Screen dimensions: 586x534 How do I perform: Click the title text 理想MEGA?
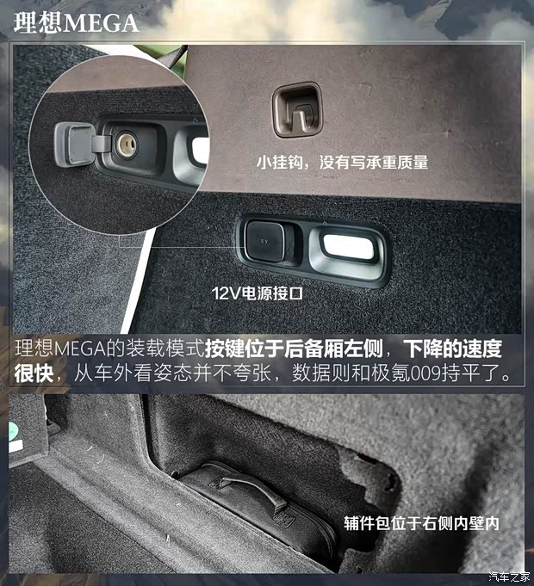pos(77,22)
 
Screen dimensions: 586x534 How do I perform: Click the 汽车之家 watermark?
pos(508,576)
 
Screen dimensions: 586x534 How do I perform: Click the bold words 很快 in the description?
pos(35,375)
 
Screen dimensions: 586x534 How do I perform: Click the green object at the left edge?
pos(15,435)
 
